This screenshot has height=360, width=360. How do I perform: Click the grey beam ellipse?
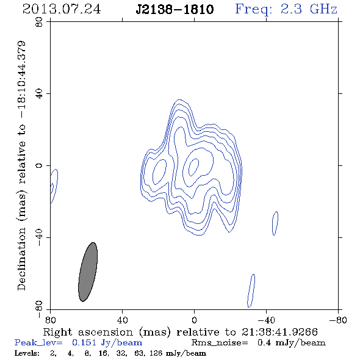[x=88, y=272]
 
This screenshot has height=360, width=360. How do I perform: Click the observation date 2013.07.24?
[x=62, y=9]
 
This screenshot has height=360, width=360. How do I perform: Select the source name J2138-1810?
[x=175, y=9]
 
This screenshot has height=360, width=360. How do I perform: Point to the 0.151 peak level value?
[x=84, y=342]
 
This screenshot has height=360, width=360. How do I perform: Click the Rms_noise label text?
[x=220, y=343]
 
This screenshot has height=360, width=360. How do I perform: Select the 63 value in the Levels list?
[x=139, y=353]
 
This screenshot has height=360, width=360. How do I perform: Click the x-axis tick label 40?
[x=122, y=320]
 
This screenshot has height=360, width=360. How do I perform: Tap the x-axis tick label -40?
[x=266, y=320]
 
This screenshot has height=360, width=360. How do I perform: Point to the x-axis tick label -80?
[x=338, y=320]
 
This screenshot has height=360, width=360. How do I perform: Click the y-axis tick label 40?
[x=39, y=94]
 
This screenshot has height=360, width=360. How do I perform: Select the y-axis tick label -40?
[x=39, y=237]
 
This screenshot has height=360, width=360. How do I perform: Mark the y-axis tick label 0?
[x=39, y=165]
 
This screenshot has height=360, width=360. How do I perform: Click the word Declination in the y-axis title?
[x=21, y=259]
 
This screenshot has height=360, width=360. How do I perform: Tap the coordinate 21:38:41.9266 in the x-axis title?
[x=279, y=332]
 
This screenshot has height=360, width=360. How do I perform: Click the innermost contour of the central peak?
[x=193, y=167]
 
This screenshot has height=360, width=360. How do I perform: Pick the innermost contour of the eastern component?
[x=159, y=171]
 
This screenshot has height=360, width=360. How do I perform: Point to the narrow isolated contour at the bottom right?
[x=251, y=290]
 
